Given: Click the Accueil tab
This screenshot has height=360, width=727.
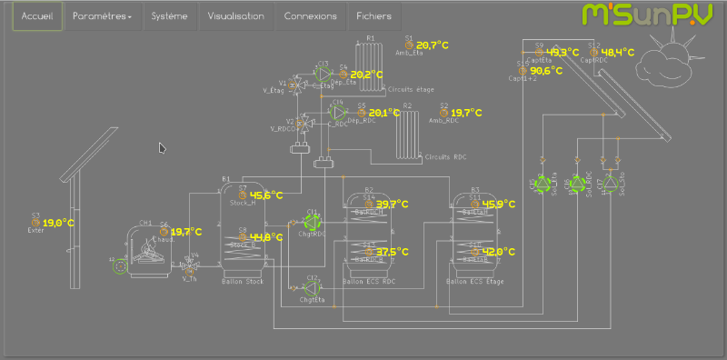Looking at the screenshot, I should (x=38, y=16).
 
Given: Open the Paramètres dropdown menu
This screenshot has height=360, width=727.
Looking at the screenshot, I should (x=102, y=16).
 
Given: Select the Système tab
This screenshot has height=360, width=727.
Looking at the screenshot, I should (x=170, y=16).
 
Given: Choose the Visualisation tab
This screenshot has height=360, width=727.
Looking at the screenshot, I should (x=235, y=16).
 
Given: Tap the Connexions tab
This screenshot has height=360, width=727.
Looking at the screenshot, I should (x=310, y=16).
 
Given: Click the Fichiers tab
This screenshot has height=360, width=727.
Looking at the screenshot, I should (x=374, y=16).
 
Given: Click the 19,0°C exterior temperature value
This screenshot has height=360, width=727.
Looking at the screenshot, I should (x=58, y=222).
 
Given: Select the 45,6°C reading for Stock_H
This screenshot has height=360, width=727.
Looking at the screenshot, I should (x=266, y=195).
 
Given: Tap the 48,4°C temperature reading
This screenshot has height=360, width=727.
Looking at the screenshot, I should (x=617, y=52).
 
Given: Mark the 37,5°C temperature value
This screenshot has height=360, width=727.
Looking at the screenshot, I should (x=393, y=252).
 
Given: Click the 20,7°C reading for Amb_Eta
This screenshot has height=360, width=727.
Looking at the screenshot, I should (x=433, y=45).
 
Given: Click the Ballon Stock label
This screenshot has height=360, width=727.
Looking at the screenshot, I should (x=241, y=282).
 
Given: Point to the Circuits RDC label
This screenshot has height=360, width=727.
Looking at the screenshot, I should (x=447, y=156).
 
